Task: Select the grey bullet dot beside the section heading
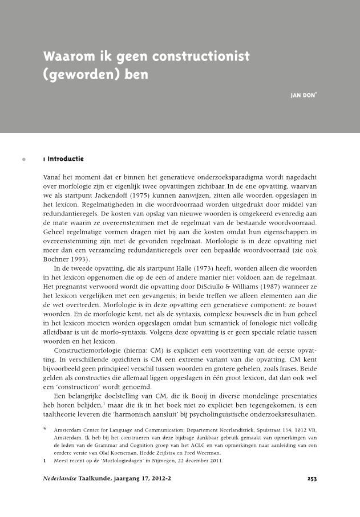23,158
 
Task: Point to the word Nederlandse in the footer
60,479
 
